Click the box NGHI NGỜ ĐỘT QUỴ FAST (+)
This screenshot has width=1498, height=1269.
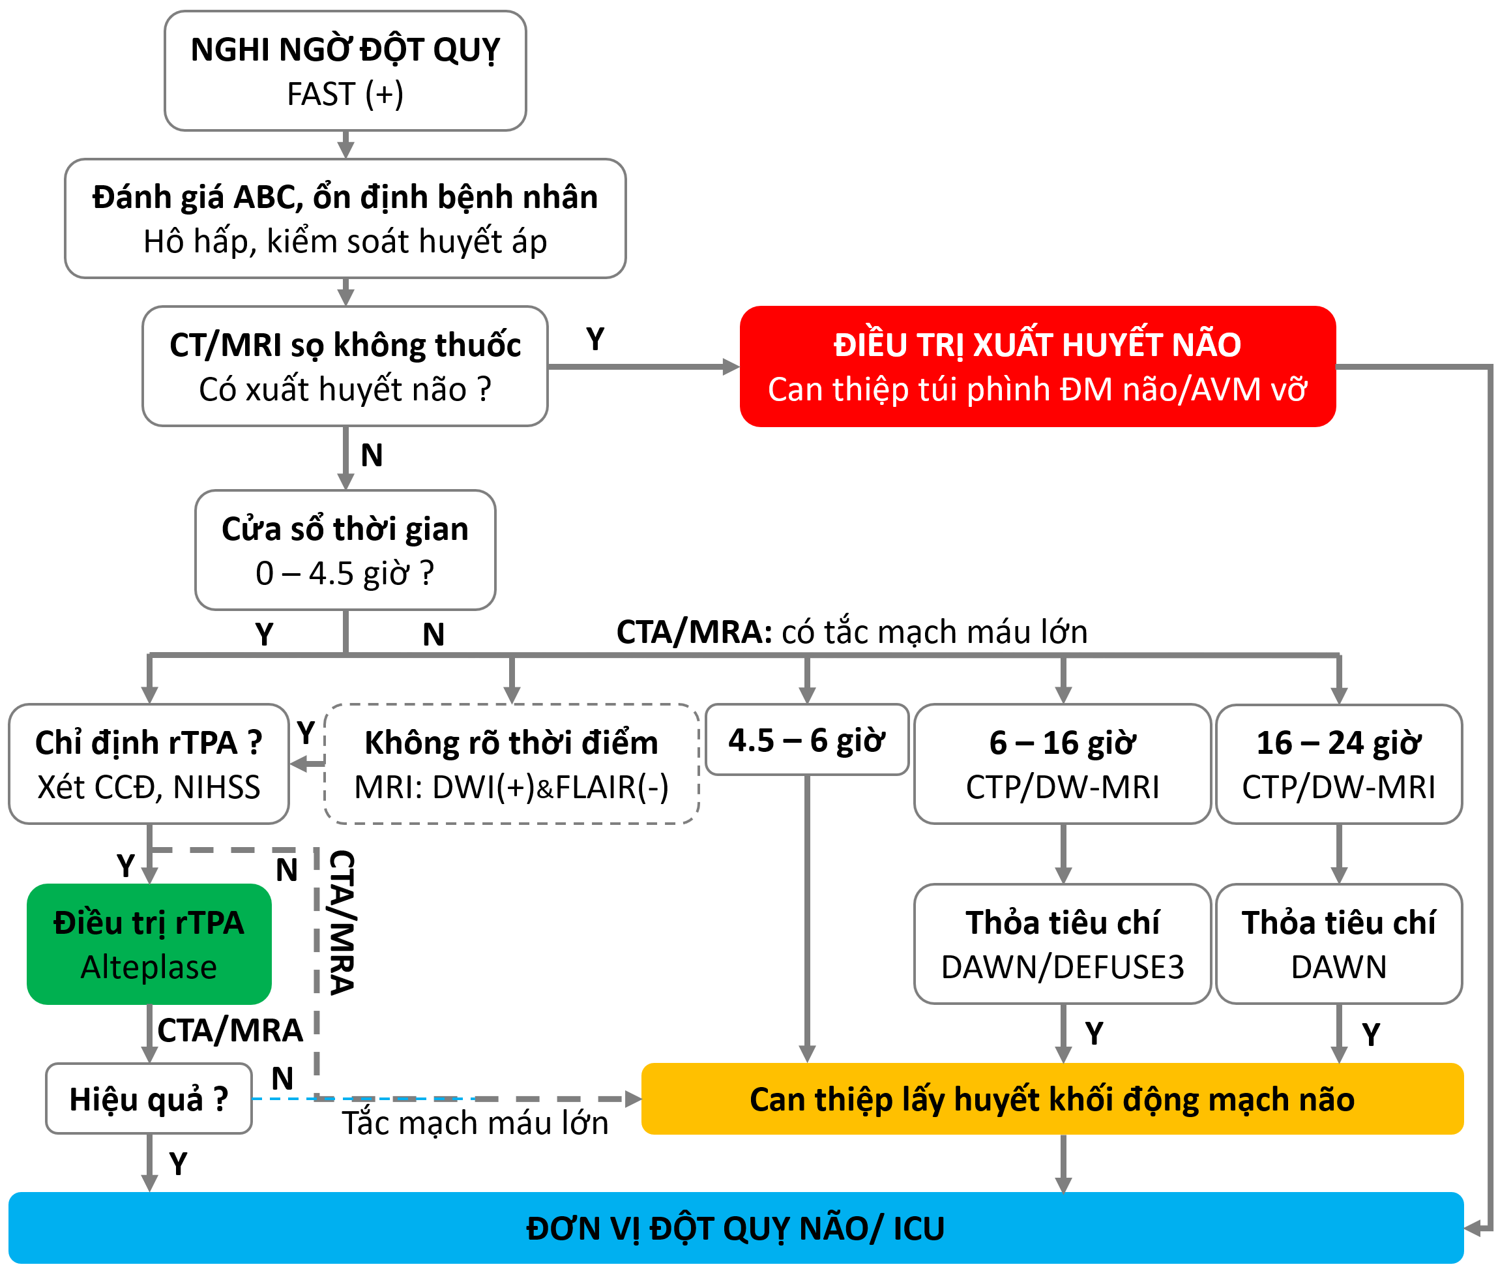(345, 71)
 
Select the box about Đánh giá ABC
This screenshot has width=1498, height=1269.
(345, 218)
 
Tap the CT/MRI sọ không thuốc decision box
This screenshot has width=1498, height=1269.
(345, 366)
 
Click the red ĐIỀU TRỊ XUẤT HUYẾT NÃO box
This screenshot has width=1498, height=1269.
(1037, 366)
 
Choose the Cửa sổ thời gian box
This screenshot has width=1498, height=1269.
(345, 550)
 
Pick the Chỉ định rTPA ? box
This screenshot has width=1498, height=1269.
(149, 764)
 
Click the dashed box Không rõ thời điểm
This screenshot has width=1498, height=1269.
(511, 764)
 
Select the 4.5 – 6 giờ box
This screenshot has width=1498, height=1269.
(807, 740)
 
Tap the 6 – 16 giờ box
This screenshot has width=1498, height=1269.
(1062, 764)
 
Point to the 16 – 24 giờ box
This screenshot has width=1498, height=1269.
(1338, 764)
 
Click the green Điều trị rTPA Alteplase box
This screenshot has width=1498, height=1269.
(149, 944)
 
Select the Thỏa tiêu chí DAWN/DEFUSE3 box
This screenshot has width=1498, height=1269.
(1062, 944)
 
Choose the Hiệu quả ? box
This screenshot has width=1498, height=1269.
(149, 1099)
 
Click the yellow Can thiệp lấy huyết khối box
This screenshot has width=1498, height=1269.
(1051, 1099)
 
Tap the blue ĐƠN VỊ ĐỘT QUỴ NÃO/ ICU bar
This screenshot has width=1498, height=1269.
(735, 1228)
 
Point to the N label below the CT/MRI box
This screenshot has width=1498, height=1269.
(372, 455)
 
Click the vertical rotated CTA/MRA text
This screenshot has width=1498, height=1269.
(342, 922)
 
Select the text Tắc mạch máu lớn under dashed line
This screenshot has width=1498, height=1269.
(475, 1123)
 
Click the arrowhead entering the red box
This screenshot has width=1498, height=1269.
(731, 367)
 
